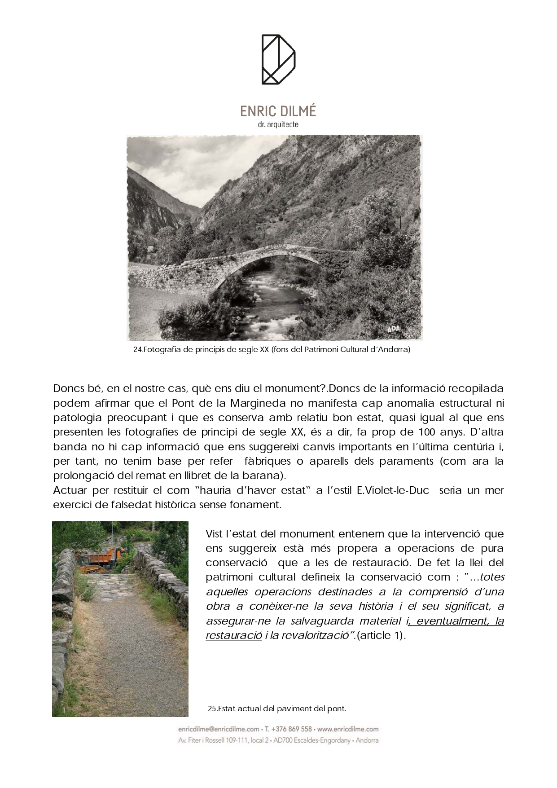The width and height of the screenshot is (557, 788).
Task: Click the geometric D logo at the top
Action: pos(278,59)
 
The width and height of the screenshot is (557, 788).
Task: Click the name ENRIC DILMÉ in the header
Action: pos(278,111)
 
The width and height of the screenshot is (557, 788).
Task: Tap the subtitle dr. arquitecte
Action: pos(278,124)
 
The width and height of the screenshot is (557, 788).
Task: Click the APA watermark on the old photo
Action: pos(393,330)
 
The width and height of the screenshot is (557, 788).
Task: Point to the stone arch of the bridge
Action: pos(278,260)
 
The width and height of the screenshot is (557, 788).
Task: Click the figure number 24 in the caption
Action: pos(138,350)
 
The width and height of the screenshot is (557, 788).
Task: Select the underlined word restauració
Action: pos(233,636)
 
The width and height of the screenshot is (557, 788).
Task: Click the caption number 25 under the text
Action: pos(212,709)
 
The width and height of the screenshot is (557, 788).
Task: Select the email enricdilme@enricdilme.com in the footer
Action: pos(219,729)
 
